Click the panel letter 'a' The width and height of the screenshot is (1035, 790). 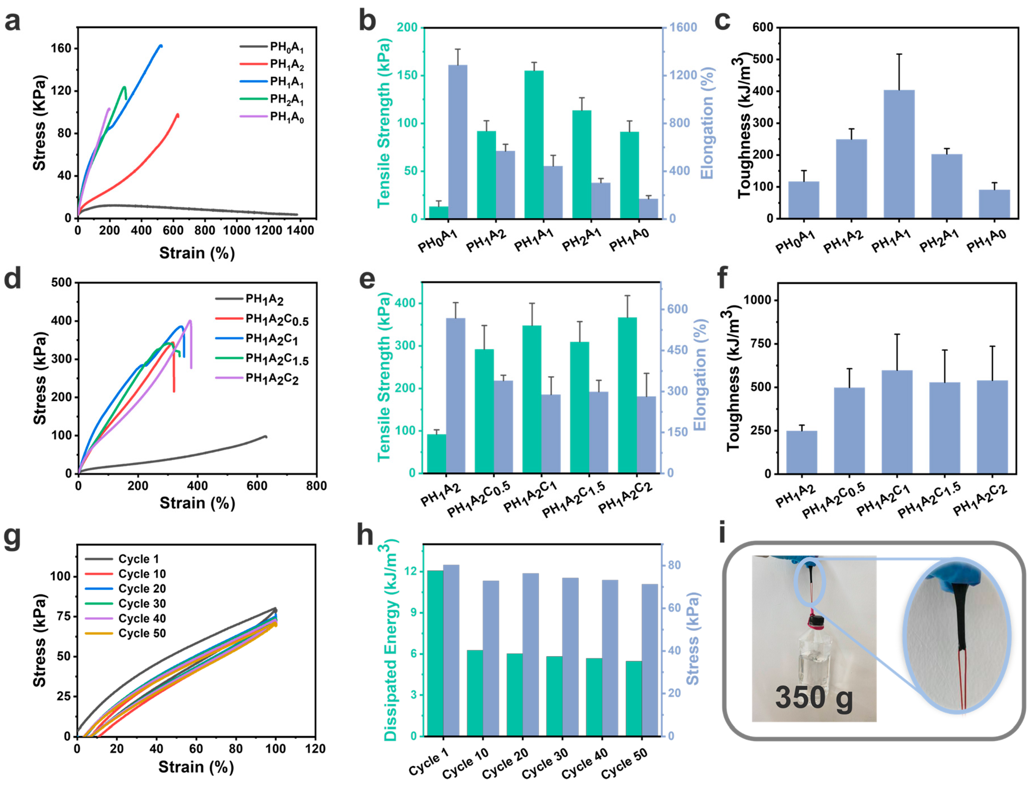tap(13, 22)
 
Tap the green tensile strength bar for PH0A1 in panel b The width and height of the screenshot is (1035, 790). tap(438, 212)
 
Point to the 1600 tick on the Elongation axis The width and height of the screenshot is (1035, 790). tap(683, 27)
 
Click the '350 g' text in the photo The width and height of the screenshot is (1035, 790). tap(814, 697)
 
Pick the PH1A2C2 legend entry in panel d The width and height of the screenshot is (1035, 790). tap(272, 379)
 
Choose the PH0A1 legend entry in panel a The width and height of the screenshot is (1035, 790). tap(286, 47)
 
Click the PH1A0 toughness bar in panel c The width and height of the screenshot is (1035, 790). tap(994, 204)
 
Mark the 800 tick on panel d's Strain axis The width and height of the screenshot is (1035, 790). tap(316, 486)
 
